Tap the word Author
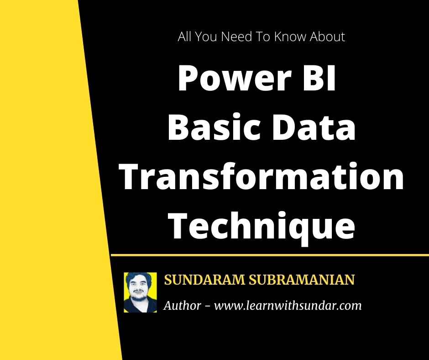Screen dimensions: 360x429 (182, 305)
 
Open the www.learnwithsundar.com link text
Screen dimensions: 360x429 (288, 306)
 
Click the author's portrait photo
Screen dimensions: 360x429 (140, 292)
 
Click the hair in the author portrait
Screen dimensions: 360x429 (140, 278)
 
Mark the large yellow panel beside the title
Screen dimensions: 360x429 (46, 183)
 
